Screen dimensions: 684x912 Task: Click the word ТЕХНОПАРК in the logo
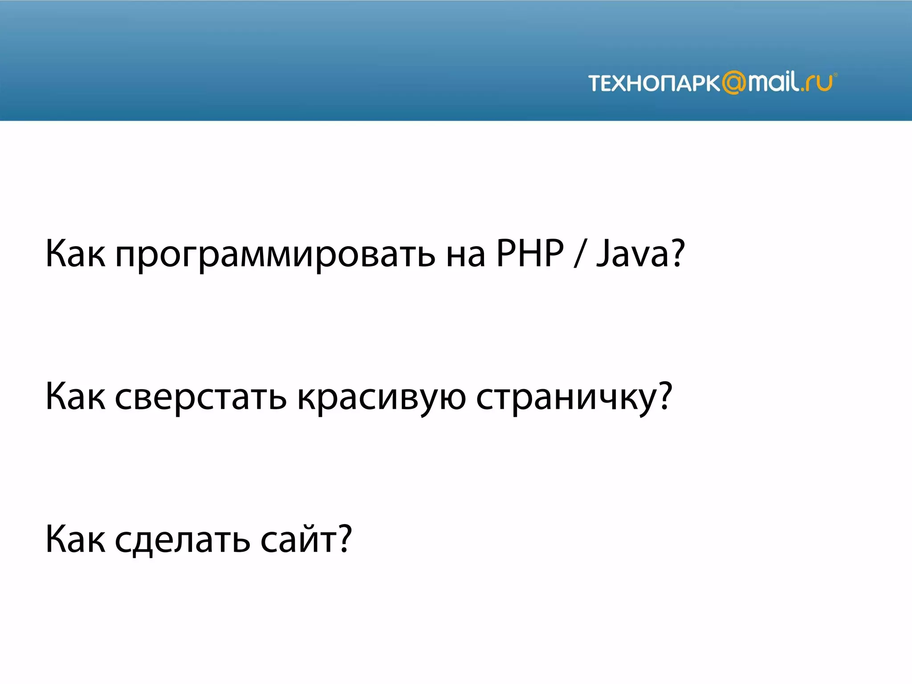(x=654, y=83)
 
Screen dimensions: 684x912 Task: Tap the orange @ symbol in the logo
(x=733, y=83)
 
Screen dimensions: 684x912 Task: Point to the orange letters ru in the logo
(x=821, y=84)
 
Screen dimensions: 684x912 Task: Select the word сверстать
(x=200, y=397)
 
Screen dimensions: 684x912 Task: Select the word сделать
(x=182, y=540)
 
